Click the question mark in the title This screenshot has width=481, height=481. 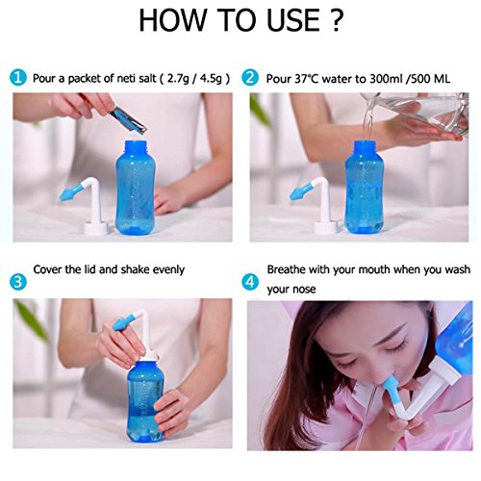pyautogui.click(x=336, y=20)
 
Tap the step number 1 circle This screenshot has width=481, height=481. pyautogui.click(x=18, y=78)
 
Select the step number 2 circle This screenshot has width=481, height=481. pyautogui.click(x=250, y=78)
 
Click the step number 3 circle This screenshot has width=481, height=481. pyautogui.click(x=18, y=282)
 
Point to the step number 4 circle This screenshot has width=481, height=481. pyautogui.click(x=250, y=282)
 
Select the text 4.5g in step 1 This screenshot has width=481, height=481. pyautogui.click(x=211, y=79)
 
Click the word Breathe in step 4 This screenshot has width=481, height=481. pyautogui.click(x=286, y=269)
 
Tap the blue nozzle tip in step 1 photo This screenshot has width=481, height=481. pyautogui.click(x=69, y=193)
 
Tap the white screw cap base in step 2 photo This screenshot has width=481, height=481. pyautogui.click(x=324, y=227)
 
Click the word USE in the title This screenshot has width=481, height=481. pyautogui.click(x=292, y=20)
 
